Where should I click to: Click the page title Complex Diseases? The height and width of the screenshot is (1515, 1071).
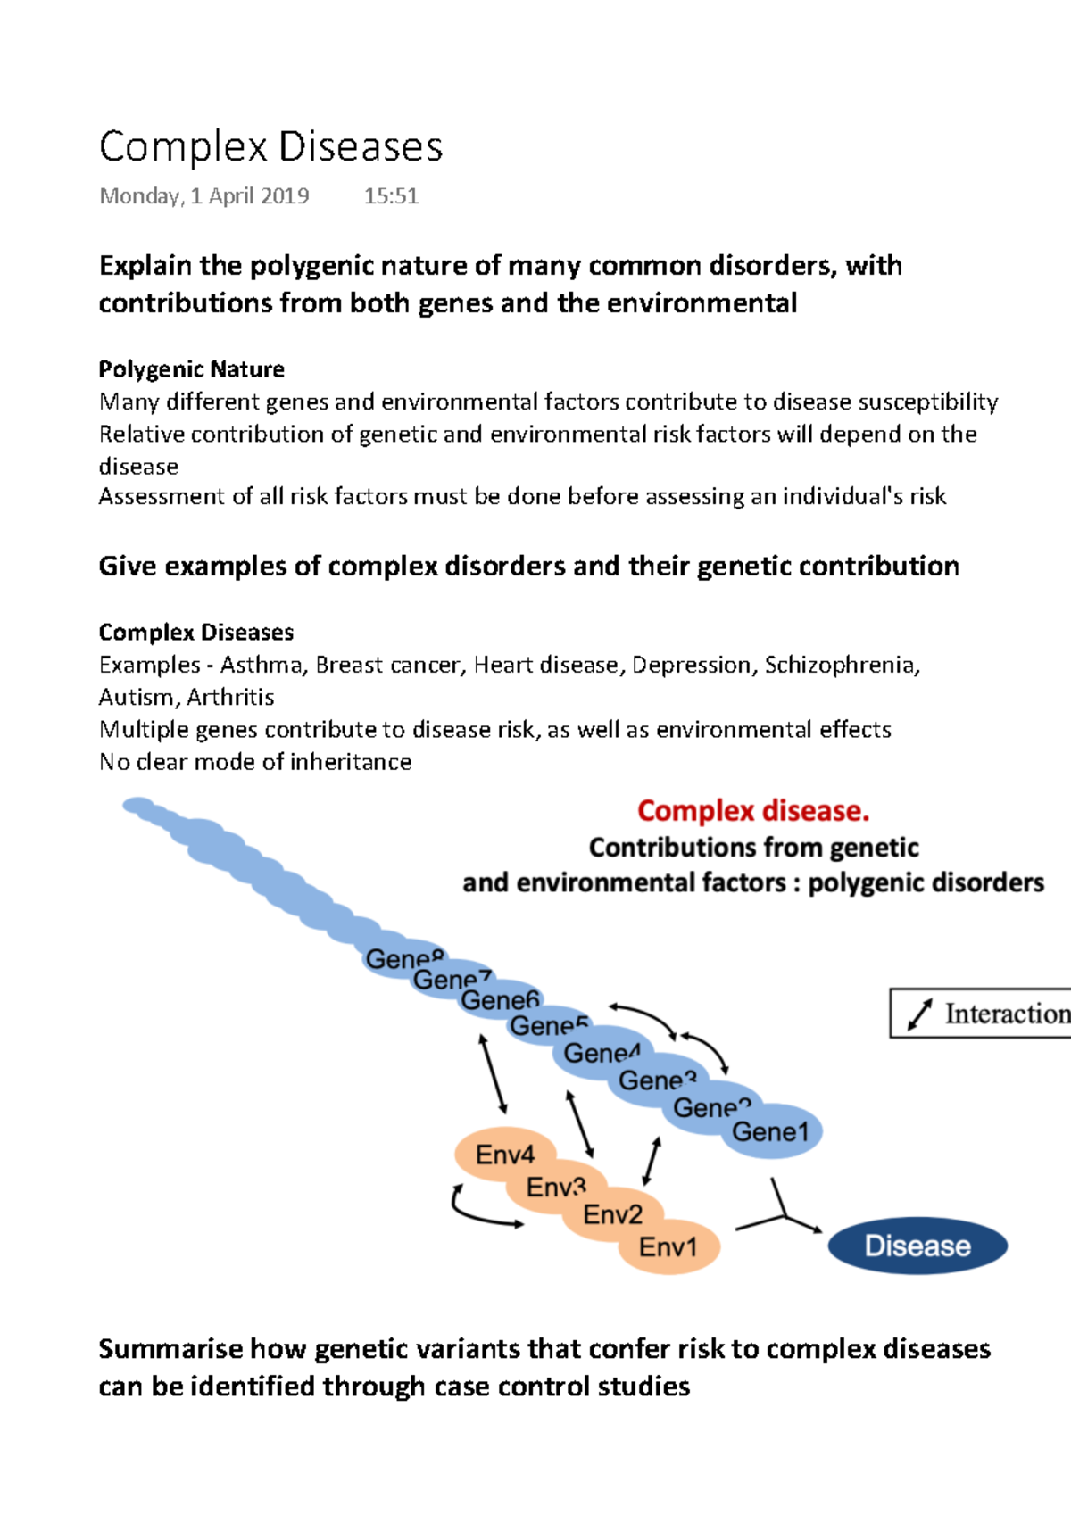(x=270, y=147)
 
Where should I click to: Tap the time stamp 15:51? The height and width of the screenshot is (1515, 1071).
(x=391, y=196)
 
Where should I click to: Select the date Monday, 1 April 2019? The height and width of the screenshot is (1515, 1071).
(x=204, y=196)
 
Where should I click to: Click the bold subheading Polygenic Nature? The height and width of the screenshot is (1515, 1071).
(x=191, y=369)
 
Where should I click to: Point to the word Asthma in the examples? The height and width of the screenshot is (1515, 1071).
(x=262, y=665)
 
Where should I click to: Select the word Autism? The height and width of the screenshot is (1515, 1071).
(x=137, y=697)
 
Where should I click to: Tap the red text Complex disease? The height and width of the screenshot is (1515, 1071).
(x=752, y=811)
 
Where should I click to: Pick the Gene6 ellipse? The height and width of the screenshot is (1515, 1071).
(x=500, y=1001)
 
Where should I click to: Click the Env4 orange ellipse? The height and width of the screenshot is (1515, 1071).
(x=504, y=1155)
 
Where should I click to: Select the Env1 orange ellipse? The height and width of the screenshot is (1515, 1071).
(x=668, y=1247)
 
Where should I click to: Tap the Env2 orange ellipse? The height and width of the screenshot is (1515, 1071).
(x=612, y=1215)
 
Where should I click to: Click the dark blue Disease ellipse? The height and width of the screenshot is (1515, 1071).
(x=917, y=1246)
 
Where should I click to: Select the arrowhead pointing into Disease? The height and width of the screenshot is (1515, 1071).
(x=815, y=1229)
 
